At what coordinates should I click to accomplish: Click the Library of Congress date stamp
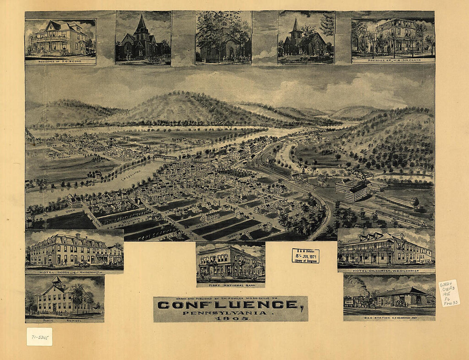305,256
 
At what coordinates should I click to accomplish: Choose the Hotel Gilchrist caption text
386,270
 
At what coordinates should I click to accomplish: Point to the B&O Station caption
389,317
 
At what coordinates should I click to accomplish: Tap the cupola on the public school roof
57,281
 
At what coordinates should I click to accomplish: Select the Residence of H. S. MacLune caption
393,60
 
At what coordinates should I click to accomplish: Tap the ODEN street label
70,210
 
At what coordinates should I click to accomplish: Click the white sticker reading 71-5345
39,337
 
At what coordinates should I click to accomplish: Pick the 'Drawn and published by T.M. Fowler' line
230,299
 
